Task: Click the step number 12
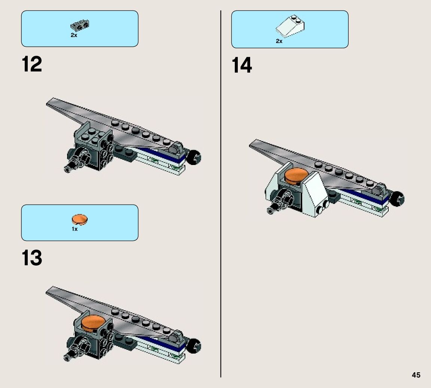coord(32,65)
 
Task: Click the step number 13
coord(32,259)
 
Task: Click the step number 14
coord(242,66)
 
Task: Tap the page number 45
coord(416,375)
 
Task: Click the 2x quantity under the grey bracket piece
coord(74,35)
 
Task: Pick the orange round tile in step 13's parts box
coord(79,219)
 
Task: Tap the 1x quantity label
coord(75,229)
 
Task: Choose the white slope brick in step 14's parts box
coord(291,26)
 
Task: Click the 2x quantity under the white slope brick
coord(279,41)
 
